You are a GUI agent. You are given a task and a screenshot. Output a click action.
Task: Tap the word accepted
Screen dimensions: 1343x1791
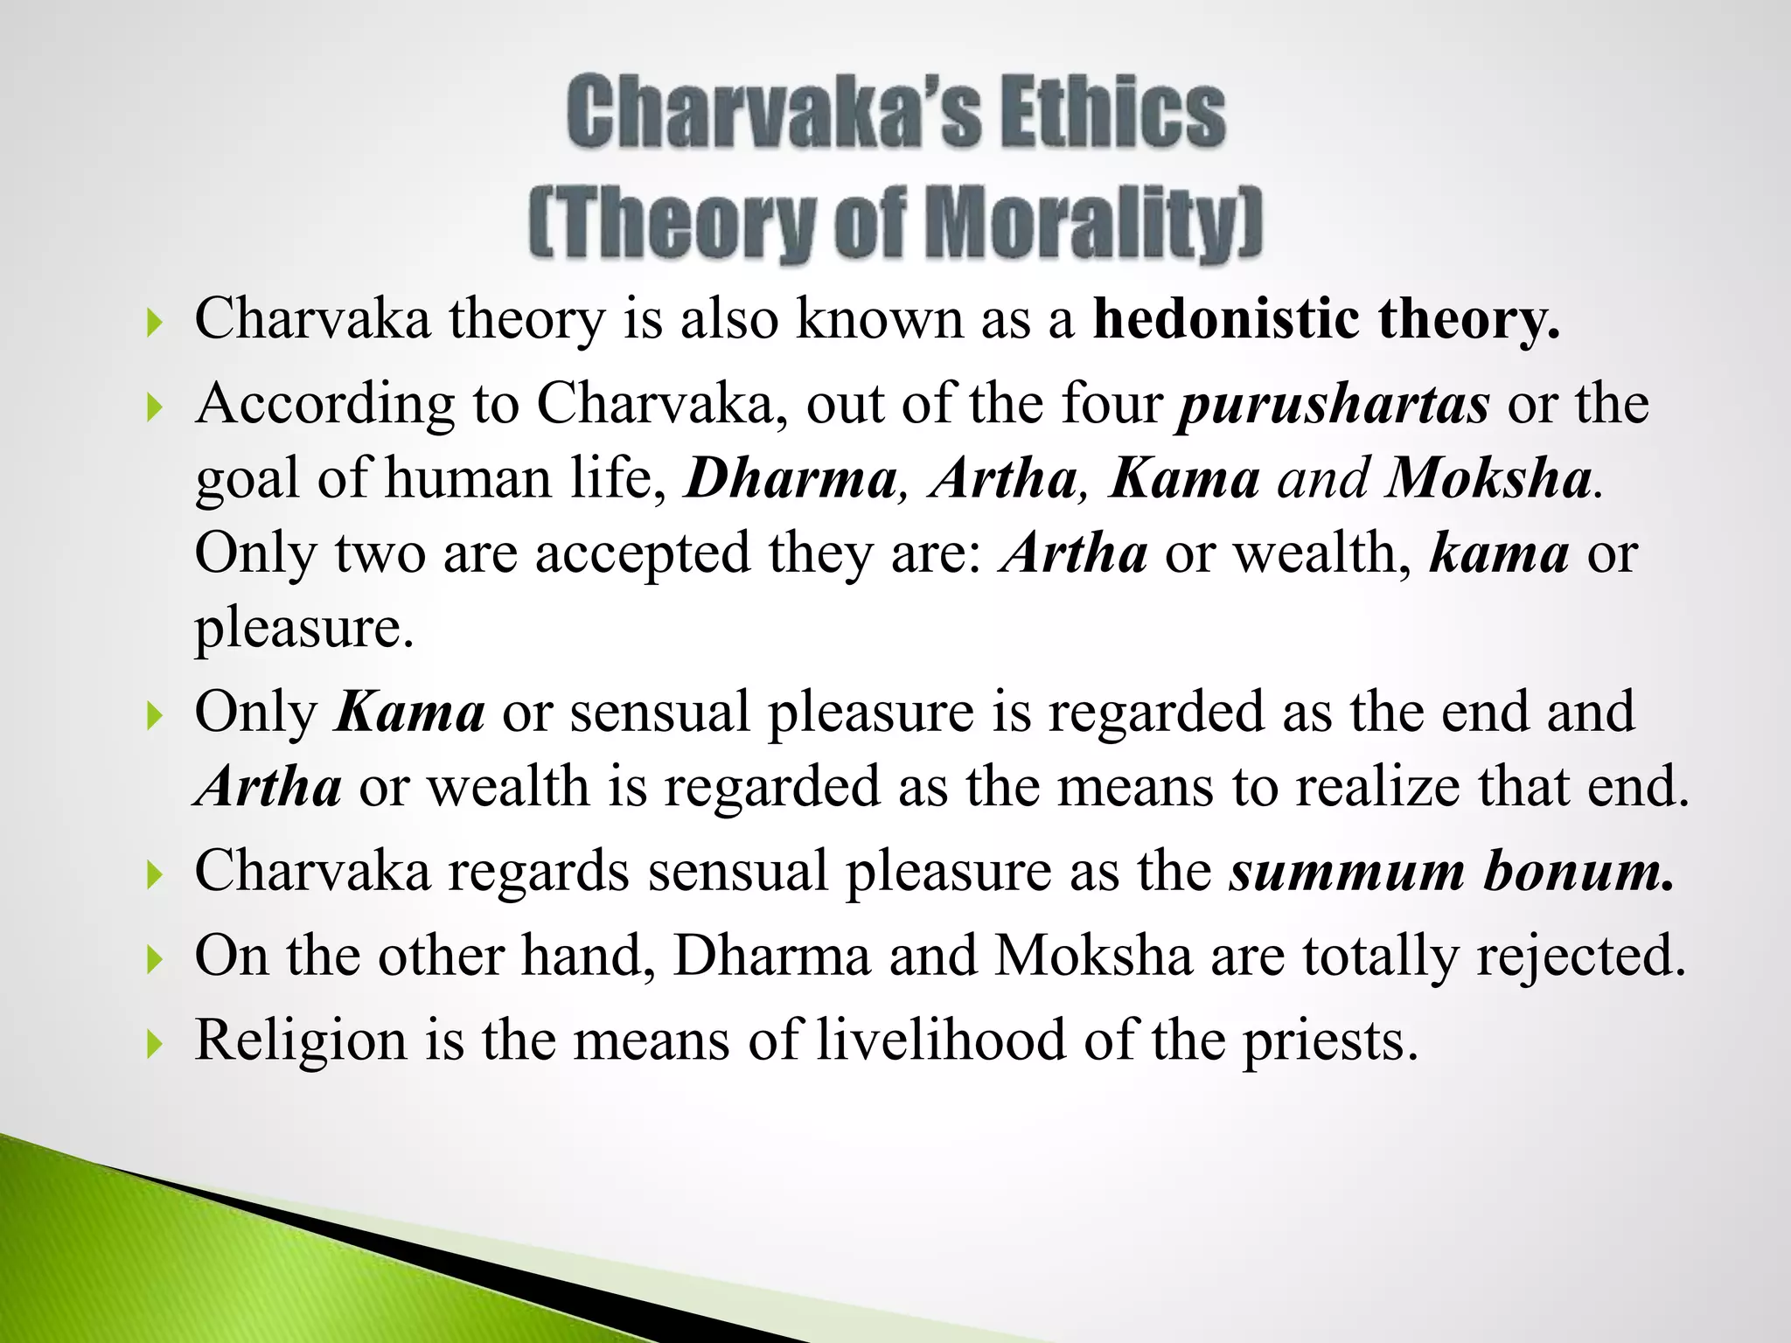(643, 554)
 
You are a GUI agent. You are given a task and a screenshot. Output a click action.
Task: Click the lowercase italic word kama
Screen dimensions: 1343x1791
(1499, 554)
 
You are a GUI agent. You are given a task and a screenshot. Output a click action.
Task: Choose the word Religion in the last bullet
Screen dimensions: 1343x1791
(301, 1040)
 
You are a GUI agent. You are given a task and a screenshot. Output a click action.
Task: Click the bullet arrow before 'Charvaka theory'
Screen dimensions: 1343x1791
(155, 325)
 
